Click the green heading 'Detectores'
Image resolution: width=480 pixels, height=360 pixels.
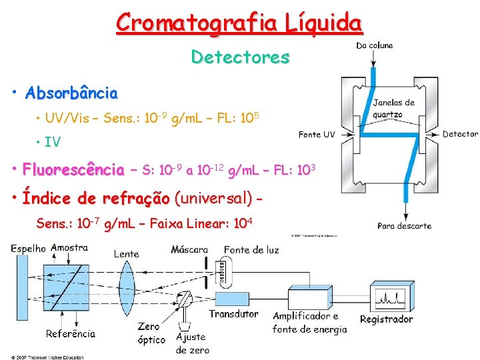pyautogui.click(x=240, y=57)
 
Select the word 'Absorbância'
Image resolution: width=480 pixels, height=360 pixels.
pyautogui.click(x=71, y=93)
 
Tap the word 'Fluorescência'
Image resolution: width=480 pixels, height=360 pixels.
pyautogui.click(x=73, y=169)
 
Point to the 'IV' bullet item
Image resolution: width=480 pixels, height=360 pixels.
pyautogui.click(x=52, y=142)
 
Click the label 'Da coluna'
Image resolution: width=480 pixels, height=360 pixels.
pyautogui.click(x=374, y=46)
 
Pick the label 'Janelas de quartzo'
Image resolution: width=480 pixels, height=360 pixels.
pyautogui.click(x=393, y=108)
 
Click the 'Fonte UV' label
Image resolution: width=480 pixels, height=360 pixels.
pyautogui.click(x=317, y=135)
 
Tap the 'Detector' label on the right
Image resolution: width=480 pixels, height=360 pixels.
pyautogui.click(x=460, y=134)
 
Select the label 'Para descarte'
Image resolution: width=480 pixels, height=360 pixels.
pyautogui.click(x=404, y=226)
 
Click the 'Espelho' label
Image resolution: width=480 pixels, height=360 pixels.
pyautogui.click(x=28, y=248)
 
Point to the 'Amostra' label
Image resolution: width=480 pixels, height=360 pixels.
pyautogui.click(x=69, y=247)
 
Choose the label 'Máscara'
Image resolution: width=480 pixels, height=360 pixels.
pyautogui.click(x=189, y=250)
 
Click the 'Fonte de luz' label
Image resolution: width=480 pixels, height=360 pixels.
pyautogui.click(x=251, y=250)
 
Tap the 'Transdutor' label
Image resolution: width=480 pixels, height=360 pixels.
pyautogui.click(x=233, y=314)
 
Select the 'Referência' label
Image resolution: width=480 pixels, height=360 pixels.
pyautogui.click(x=71, y=333)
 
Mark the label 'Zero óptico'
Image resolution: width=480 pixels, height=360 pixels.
pyautogui.click(x=151, y=333)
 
